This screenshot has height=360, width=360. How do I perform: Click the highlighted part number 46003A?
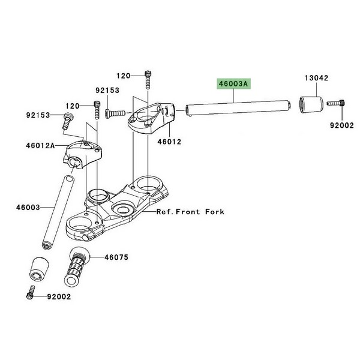coord(233,84)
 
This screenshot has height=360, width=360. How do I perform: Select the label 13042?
coord(316,78)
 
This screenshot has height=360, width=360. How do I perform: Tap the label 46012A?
coord(40,145)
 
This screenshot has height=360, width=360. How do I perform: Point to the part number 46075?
coord(116,257)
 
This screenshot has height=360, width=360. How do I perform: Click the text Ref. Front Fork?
coord(190,211)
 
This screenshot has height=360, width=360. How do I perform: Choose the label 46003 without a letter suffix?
coord(28,208)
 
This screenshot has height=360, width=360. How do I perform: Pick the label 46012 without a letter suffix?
coord(169,142)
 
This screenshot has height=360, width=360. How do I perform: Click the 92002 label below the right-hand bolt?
coord(342,125)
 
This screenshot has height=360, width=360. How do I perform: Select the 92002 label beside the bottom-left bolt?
coord(59,296)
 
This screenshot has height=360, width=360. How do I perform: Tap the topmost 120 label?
coord(123,76)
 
